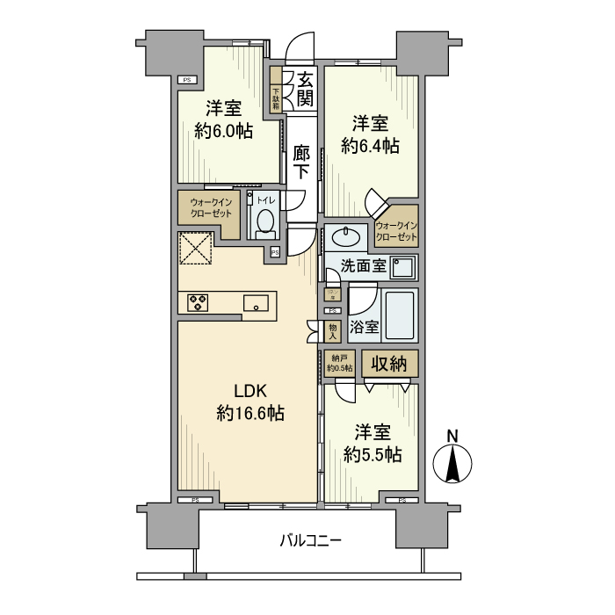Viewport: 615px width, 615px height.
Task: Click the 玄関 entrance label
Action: coord(304,88)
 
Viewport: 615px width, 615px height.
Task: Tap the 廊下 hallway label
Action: coord(301,163)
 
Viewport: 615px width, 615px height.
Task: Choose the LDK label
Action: coord(249,392)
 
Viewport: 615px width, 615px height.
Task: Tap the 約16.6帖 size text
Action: coord(250,413)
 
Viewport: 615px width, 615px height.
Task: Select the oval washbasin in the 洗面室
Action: coord(345,237)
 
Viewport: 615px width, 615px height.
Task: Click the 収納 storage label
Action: coord(387,363)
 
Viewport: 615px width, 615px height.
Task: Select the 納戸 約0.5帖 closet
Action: coord(339,363)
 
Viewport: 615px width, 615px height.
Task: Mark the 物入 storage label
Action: coord(332,330)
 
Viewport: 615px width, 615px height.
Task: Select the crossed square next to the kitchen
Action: coord(197,248)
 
